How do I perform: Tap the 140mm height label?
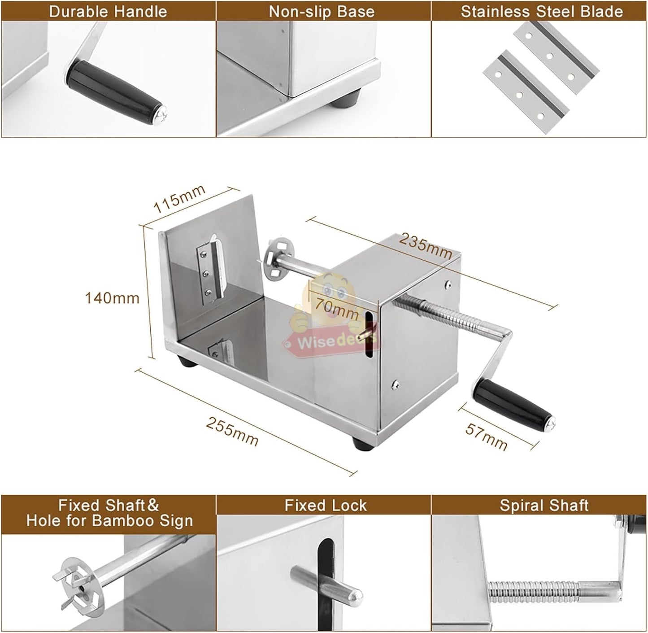point(113,297)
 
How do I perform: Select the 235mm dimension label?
point(426,246)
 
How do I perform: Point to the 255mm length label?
point(232,432)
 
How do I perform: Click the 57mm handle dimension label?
point(487,436)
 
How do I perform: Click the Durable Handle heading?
point(108,11)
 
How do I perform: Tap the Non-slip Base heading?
point(322,11)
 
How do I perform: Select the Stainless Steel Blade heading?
point(542,11)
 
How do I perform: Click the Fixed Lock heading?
point(326,506)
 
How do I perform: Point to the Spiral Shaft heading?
point(544,506)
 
